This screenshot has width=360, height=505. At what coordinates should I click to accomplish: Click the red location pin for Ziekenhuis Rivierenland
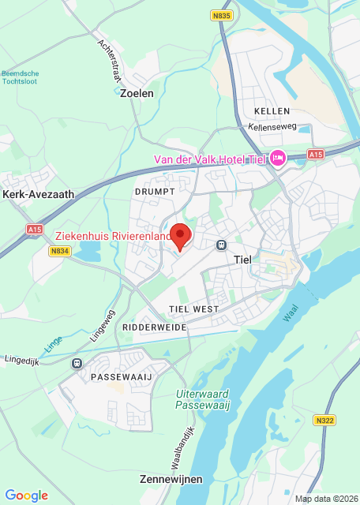[x=182, y=235]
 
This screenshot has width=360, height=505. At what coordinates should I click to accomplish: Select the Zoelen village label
[x=137, y=93]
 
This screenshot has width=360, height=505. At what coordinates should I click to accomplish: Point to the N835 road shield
[x=223, y=15]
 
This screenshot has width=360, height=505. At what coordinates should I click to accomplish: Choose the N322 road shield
[x=324, y=421]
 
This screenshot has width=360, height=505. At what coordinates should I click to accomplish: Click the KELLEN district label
[x=272, y=111]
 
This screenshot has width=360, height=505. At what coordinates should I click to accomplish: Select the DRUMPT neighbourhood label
[x=153, y=192]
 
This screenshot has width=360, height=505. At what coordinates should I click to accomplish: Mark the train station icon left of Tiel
[x=222, y=245]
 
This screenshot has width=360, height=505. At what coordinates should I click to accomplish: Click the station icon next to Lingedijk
[x=77, y=363]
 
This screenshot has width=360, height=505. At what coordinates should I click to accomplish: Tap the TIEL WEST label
[x=193, y=308]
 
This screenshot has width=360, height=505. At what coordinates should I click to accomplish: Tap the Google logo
[x=26, y=495]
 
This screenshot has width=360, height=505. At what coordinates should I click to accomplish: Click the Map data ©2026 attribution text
[x=325, y=499]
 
